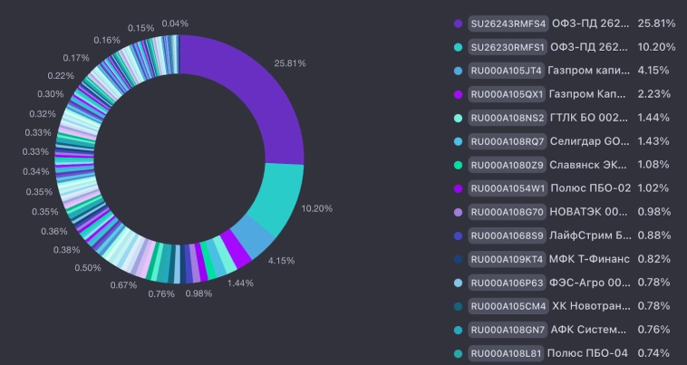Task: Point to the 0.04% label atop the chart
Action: point(176,23)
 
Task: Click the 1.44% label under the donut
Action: point(240,283)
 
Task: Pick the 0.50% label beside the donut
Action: point(88,267)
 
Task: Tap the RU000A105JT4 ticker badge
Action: point(507,70)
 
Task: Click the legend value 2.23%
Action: point(653,93)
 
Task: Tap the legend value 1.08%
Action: point(653,165)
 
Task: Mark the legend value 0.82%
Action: point(653,259)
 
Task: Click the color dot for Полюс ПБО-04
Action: point(458,353)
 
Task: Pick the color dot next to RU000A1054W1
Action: point(458,188)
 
